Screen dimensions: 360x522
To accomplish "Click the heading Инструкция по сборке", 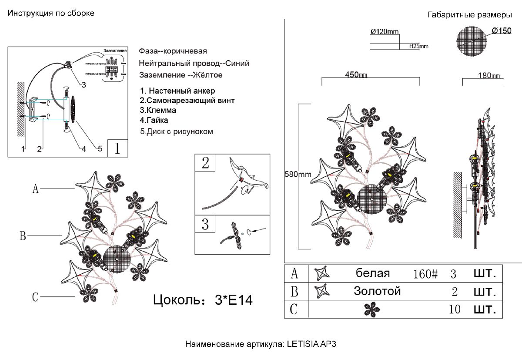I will (51, 13).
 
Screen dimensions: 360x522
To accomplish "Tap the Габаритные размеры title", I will (470, 15).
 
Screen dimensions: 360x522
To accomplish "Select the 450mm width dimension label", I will (356, 75).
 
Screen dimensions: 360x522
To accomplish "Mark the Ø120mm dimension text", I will (385, 31).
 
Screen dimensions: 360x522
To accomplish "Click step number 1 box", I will (117, 148).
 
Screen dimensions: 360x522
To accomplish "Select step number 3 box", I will (206, 225).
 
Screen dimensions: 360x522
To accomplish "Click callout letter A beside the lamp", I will (36, 188).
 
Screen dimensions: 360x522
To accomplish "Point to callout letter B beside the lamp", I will (23, 236).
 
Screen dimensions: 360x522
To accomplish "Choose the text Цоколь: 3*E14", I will (203, 300).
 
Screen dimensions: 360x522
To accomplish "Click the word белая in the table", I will (373, 273).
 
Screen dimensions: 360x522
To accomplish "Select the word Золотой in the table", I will (377, 291).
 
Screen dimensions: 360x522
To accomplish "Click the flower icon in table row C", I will (372, 310).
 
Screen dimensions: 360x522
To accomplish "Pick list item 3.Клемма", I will (158, 110).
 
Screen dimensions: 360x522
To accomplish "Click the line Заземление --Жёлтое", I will (181, 75).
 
